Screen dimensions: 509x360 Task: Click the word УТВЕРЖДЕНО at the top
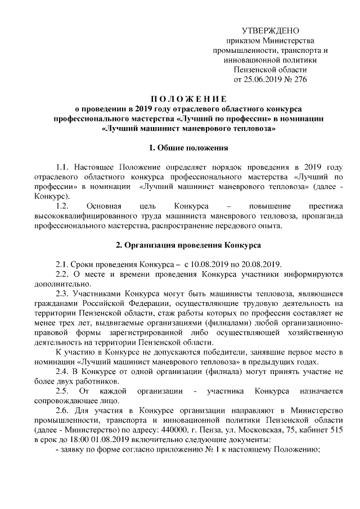(270, 30)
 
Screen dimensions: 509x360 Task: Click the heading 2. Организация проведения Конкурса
(188, 245)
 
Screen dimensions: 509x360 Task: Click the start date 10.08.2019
(210, 264)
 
